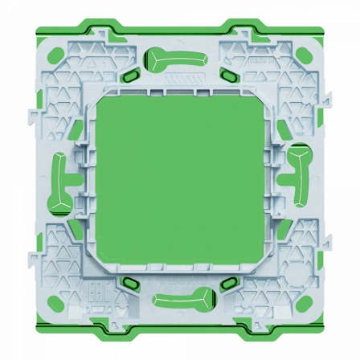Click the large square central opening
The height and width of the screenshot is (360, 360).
(x=180, y=182)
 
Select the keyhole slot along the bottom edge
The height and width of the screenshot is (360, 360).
(x=185, y=301)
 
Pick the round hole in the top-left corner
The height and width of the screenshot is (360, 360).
(x=56, y=56)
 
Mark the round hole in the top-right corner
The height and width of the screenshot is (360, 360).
(x=303, y=55)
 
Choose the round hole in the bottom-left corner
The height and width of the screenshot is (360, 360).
(x=55, y=304)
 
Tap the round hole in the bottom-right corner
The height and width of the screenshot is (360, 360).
(x=304, y=303)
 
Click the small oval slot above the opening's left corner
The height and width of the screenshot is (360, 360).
(x=130, y=76)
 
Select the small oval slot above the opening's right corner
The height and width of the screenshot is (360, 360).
(x=229, y=76)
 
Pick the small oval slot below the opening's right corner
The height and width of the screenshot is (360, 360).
(x=229, y=283)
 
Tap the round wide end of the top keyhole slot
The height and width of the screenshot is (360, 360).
(x=155, y=57)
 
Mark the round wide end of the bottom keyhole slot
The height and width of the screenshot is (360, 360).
(x=207, y=300)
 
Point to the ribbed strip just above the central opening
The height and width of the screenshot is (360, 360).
(x=180, y=90)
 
